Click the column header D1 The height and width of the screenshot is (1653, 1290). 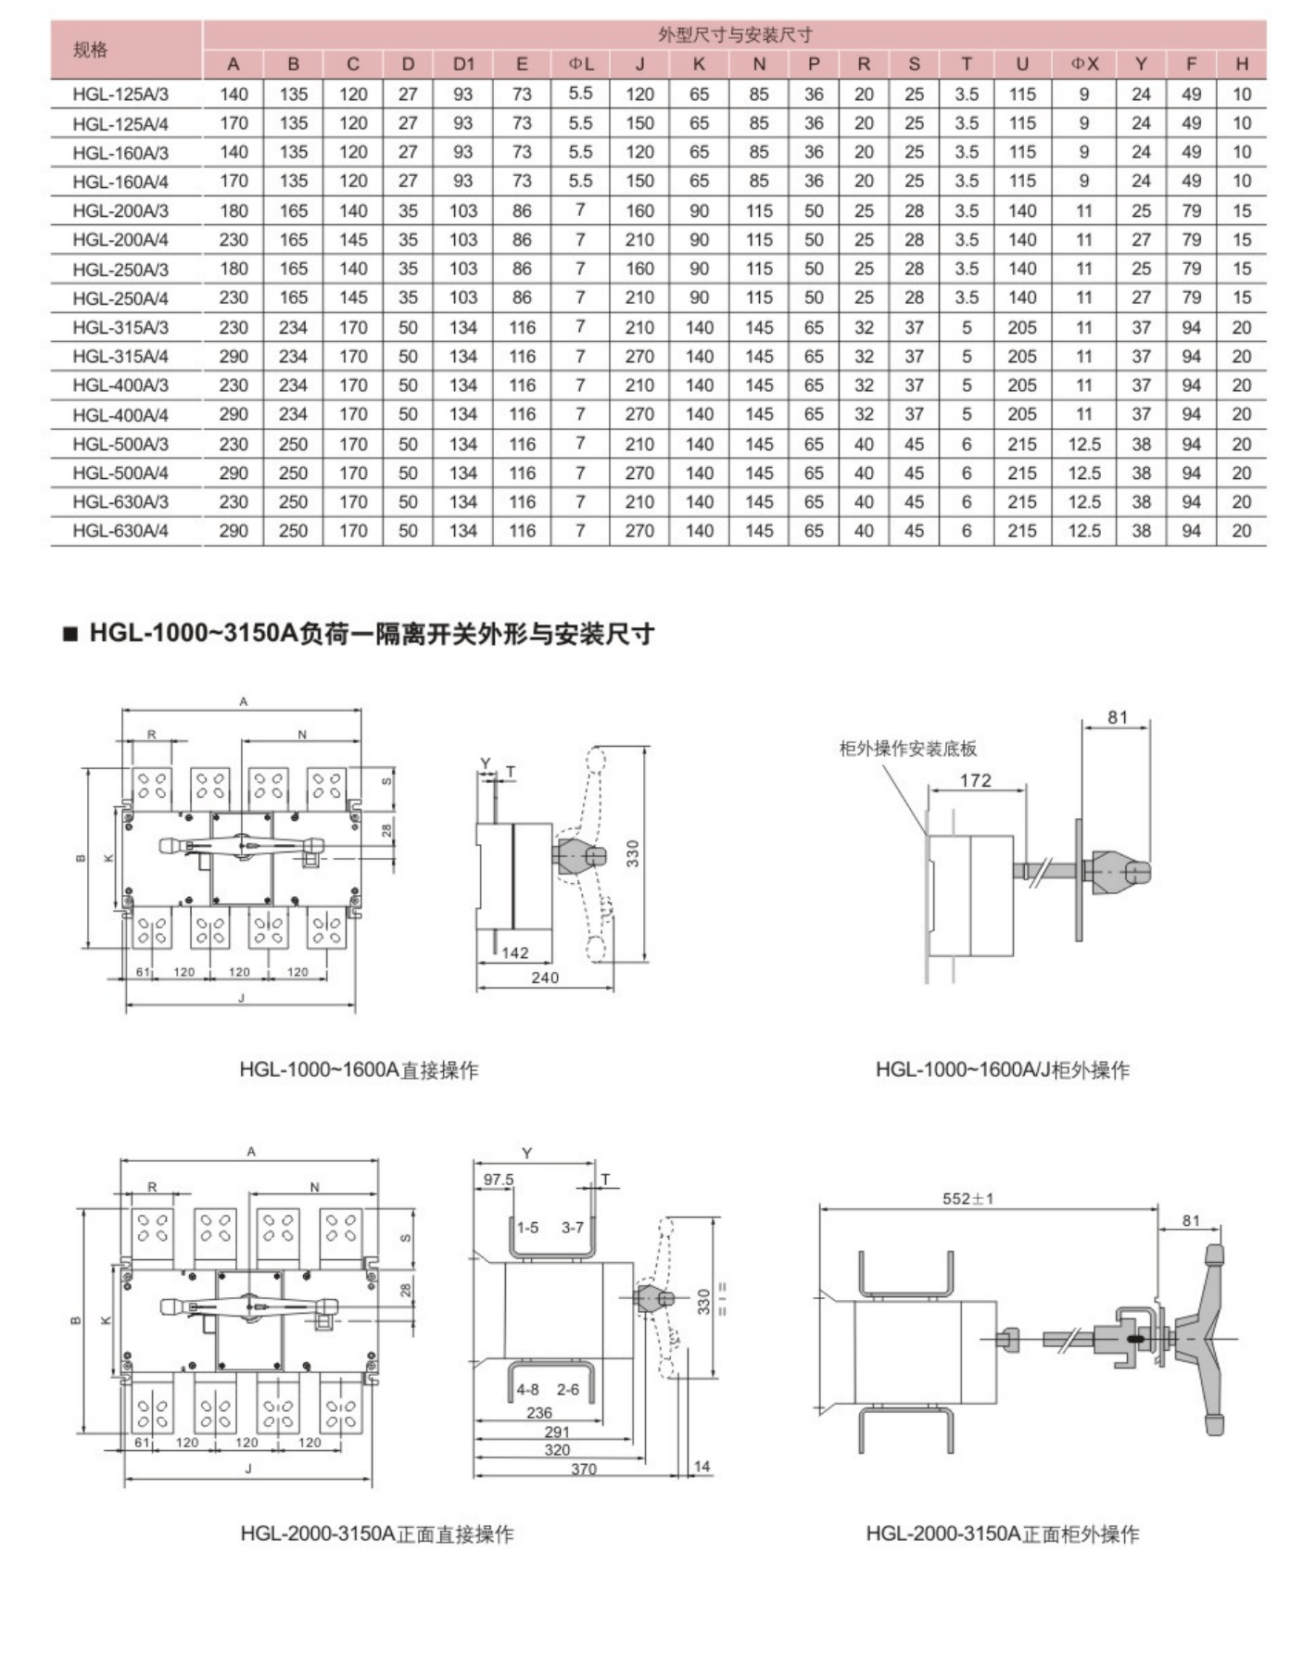click(x=463, y=64)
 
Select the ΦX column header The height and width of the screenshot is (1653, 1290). click(x=1084, y=64)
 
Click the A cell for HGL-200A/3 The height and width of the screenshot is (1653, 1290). click(x=234, y=210)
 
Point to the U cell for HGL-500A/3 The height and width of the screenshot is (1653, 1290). click(x=1022, y=444)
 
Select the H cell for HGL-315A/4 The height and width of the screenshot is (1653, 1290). click(x=1242, y=357)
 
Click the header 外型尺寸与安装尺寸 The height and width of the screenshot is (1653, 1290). click(x=735, y=35)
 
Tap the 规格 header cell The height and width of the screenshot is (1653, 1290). click(x=91, y=50)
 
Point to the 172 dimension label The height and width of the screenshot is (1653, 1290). click(x=975, y=780)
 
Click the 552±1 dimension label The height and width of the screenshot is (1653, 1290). click(x=967, y=1198)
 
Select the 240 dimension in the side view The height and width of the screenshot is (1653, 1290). click(x=545, y=978)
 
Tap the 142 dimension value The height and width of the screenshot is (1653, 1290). click(x=515, y=953)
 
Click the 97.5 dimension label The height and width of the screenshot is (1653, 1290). click(x=499, y=1180)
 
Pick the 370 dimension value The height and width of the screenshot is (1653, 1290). click(x=584, y=1469)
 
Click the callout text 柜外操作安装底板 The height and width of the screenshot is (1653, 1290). click(x=908, y=749)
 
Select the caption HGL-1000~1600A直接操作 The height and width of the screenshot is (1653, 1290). click(x=359, y=1070)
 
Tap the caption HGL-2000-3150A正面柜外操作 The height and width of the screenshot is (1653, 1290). click(x=1003, y=1533)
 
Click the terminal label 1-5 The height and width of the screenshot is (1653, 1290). click(x=527, y=1228)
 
